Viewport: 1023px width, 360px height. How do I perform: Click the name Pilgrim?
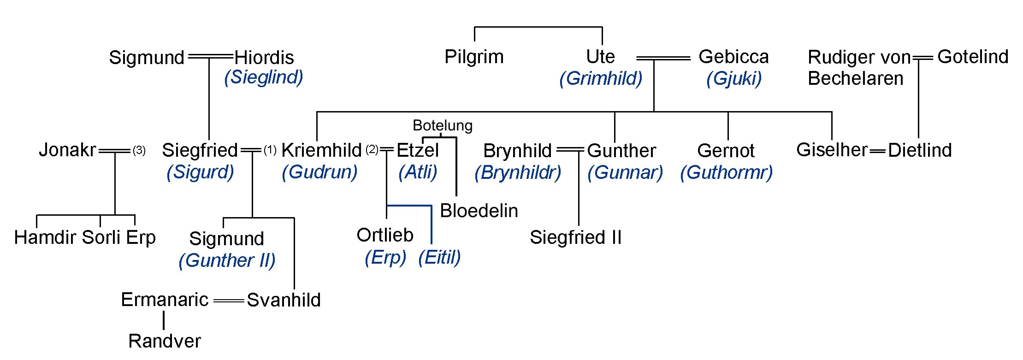click(x=474, y=57)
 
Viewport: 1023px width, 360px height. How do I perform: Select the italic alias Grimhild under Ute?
click(x=601, y=78)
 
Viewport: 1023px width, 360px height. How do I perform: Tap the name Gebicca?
click(x=733, y=57)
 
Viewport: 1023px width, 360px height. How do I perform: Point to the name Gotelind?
click(x=973, y=57)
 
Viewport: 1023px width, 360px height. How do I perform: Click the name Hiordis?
click(x=264, y=58)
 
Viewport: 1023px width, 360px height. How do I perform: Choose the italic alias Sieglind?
click(x=264, y=77)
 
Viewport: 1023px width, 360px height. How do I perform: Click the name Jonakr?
click(x=67, y=150)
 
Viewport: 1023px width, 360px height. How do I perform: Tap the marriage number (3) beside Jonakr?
click(x=139, y=150)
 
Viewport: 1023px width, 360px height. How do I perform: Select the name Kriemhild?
click(x=321, y=150)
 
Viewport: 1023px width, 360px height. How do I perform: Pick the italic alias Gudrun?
click(x=319, y=172)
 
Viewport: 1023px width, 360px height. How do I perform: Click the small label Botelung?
click(x=443, y=125)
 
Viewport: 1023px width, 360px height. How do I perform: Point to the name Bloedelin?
click(x=479, y=211)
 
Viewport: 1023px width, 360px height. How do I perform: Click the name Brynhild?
click(x=517, y=151)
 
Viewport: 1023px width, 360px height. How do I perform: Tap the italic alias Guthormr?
click(x=726, y=173)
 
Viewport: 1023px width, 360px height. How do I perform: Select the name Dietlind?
click(x=920, y=150)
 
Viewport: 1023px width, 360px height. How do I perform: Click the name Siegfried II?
click(x=575, y=238)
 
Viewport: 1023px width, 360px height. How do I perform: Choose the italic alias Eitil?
click(x=439, y=258)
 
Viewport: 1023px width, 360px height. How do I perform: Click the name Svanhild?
click(x=284, y=300)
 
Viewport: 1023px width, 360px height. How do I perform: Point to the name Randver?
click(x=165, y=342)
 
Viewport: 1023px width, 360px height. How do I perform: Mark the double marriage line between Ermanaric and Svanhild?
click(x=229, y=301)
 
